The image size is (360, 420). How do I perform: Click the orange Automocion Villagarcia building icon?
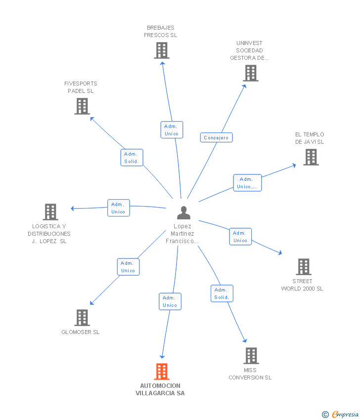(162, 372)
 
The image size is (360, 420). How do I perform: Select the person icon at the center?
(183, 213)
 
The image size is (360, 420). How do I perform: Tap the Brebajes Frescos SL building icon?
(162, 50)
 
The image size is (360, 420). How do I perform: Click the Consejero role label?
(216, 137)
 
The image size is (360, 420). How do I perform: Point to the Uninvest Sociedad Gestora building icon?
(251, 73)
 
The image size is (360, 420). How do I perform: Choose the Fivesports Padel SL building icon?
(82, 106)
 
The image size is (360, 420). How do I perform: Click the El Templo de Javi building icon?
(311, 157)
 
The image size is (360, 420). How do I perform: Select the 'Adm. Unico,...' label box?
(247, 183)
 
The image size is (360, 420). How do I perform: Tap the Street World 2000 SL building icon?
(303, 267)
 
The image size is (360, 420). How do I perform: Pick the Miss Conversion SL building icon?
(251, 356)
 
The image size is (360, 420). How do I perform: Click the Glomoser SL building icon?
(82, 318)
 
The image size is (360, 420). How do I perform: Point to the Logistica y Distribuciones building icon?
(50, 212)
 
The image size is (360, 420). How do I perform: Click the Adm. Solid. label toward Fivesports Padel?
(132, 158)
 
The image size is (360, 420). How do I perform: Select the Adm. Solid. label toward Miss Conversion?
(222, 294)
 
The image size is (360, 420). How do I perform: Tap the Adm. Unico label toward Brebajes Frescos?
(172, 130)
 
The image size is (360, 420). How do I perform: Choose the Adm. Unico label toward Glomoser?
(128, 267)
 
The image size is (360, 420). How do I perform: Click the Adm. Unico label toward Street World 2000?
(240, 237)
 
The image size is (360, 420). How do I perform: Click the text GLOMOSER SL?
(81, 332)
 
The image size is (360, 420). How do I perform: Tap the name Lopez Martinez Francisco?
(182, 234)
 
